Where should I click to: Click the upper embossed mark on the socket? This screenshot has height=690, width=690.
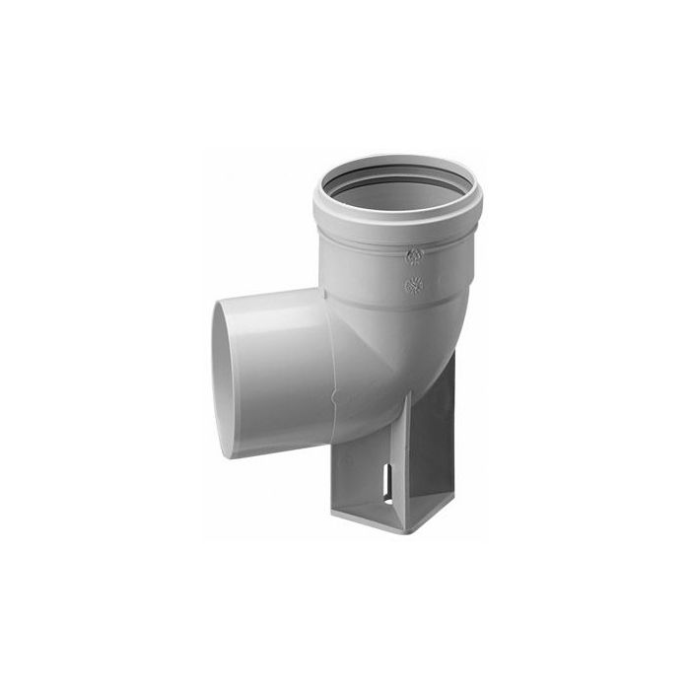point(413,256)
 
